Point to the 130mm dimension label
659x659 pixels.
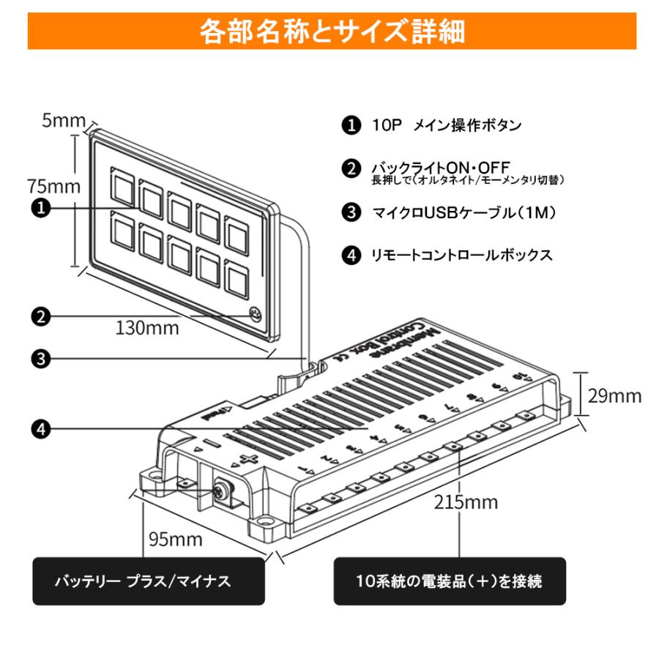coord(146,328)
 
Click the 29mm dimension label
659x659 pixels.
coord(614,395)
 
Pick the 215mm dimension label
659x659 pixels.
coord(466,502)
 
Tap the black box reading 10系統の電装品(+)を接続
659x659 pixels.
coord(449,581)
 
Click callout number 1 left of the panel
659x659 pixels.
coord(42,208)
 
